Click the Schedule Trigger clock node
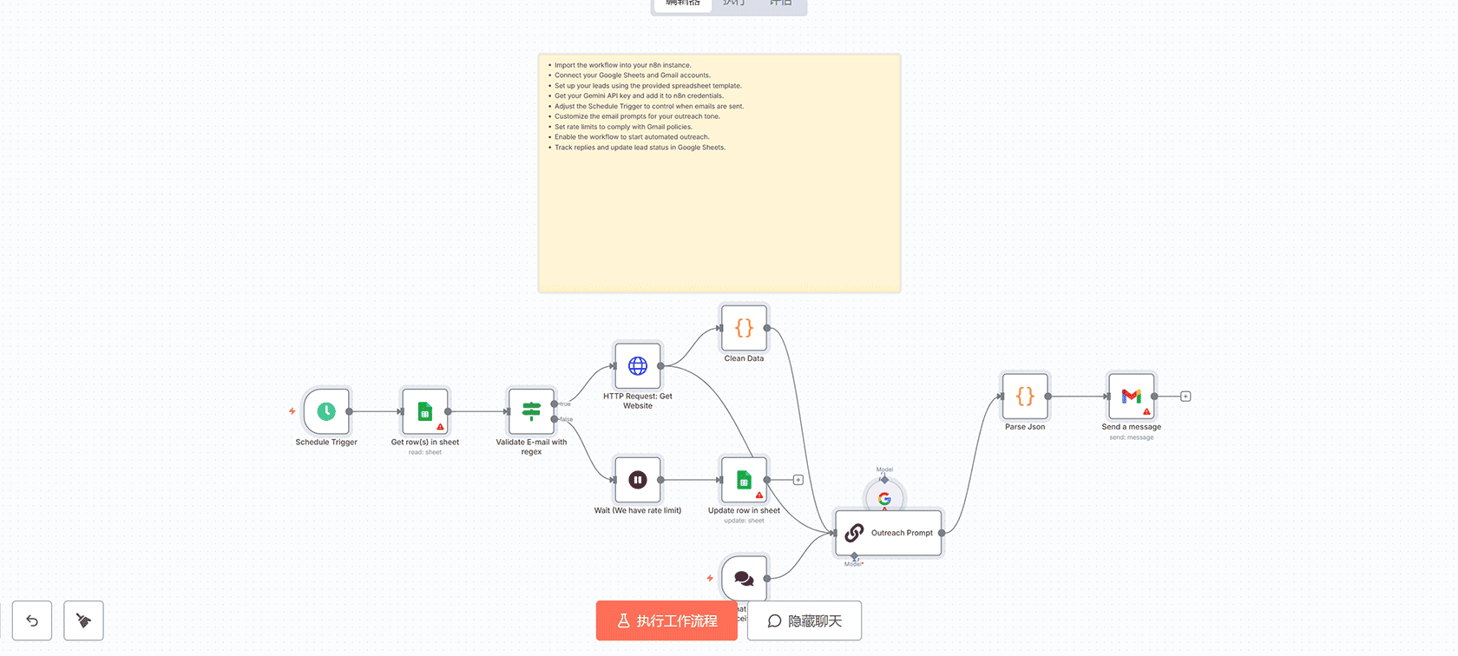pyautogui.click(x=326, y=411)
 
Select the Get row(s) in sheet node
pyautogui.click(x=425, y=411)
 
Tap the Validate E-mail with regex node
pyautogui.click(x=531, y=411)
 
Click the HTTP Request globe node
pyautogui.click(x=638, y=366)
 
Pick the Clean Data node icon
pyautogui.click(x=744, y=328)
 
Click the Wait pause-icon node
pyautogui.click(x=638, y=480)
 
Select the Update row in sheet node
pyautogui.click(x=744, y=480)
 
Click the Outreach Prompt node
pyautogui.click(x=889, y=533)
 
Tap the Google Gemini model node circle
pyautogui.click(x=884, y=498)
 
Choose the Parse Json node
pyautogui.click(x=1025, y=397)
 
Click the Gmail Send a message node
pyautogui.click(x=1131, y=397)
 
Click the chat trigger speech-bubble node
pyautogui.click(x=744, y=578)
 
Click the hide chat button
pyautogui.click(x=805, y=621)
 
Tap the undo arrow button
pyautogui.click(x=32, y=620)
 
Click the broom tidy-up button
pyautogui.click(x=83, y=620)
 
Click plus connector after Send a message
pyautogui.click(x=1185, y=397)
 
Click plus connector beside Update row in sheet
pyautogui.click(x=798, y=480)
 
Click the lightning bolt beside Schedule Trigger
pyautogui.click(x=292, y=411)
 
